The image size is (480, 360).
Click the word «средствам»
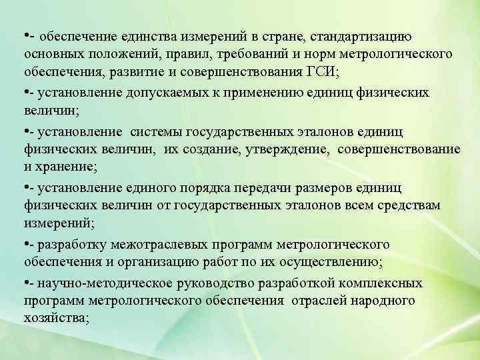[x=407, y=205]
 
